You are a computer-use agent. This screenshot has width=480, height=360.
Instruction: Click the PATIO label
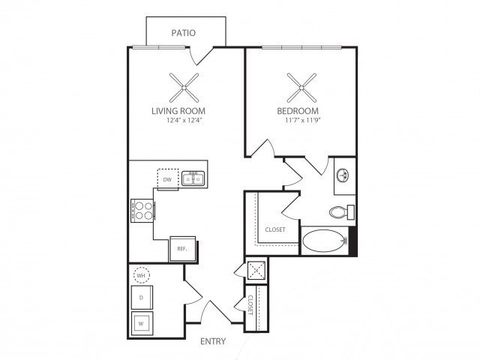(x=183, y=33)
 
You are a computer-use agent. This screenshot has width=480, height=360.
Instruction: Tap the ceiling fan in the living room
(x=184, y=88)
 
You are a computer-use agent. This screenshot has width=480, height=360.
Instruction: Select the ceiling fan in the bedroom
(x=301, y=88)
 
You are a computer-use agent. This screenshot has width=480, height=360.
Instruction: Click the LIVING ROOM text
(x=178, y=111)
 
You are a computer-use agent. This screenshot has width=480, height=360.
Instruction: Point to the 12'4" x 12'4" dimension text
(x=185, y=120)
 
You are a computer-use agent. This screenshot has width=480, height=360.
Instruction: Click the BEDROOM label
(x=298, y=111)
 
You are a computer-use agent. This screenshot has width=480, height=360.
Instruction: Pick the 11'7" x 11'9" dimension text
(x=302, y=120)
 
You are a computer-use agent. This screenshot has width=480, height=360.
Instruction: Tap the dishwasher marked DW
(x=168, y=179)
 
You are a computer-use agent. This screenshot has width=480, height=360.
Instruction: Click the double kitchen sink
(x=193, y=178)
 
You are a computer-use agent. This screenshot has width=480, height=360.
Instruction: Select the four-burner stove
(x=142, y=211)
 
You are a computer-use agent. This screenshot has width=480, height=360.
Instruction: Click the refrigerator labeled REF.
(x=183, y=249)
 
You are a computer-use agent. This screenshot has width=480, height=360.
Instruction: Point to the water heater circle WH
(x=141, y=275)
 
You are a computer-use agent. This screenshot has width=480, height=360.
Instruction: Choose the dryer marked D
(x=142, y=298)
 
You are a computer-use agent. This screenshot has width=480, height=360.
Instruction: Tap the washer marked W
(x=142, y=323)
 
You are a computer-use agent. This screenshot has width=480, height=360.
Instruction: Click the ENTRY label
(x=213, y=341)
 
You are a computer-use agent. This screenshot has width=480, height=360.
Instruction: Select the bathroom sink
(x=343, y=175)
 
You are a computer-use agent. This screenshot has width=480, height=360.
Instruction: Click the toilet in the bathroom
(x=342, y=211)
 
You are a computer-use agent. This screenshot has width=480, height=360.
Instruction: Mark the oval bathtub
(x=325, y=241)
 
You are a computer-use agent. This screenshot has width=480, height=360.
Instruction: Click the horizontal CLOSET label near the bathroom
(x=275, y=229)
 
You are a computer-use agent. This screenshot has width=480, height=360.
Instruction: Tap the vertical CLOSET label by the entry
(x=250, y=305)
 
